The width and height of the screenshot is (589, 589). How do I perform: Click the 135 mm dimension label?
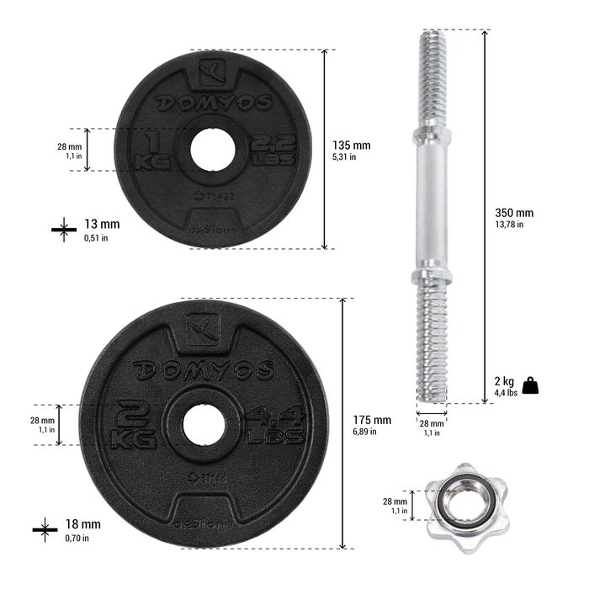click(351, 145)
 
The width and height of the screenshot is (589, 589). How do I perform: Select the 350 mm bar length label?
click(513, 213)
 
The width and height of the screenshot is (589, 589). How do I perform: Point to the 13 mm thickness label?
click(102, 224)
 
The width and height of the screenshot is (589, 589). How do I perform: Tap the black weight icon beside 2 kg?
click(530, 385)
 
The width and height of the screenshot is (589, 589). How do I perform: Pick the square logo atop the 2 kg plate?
click(202, 329)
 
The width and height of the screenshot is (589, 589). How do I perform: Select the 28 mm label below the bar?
click(432, 428)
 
